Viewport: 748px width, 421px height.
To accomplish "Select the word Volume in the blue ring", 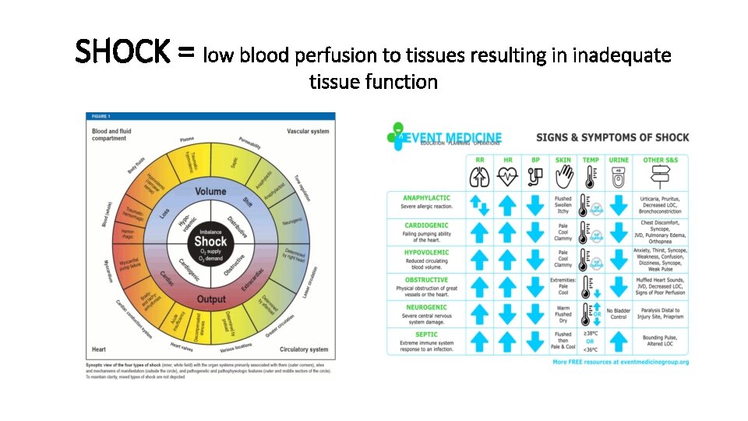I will tap(210, 192).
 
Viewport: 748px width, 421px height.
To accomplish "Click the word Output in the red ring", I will tap(210, 299).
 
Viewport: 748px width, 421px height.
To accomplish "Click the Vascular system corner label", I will tap(308, 131).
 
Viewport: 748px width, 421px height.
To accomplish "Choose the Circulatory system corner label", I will tap(304, 349).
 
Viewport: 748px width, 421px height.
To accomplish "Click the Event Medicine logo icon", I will tap(399, 136).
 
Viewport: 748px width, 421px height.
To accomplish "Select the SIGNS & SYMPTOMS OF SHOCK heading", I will tap(612, 137).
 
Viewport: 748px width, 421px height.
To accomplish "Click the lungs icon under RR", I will tap(480, 176).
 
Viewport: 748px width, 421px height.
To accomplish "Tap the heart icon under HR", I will tap(508, 176).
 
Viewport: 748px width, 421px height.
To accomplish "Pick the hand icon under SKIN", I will tap(563, 176).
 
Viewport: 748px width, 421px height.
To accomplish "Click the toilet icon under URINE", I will tap(619, 176).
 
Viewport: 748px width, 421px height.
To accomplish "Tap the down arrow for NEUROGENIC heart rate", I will tap(508, 314).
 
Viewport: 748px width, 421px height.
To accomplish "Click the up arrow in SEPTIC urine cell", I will tap(619, 341).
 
